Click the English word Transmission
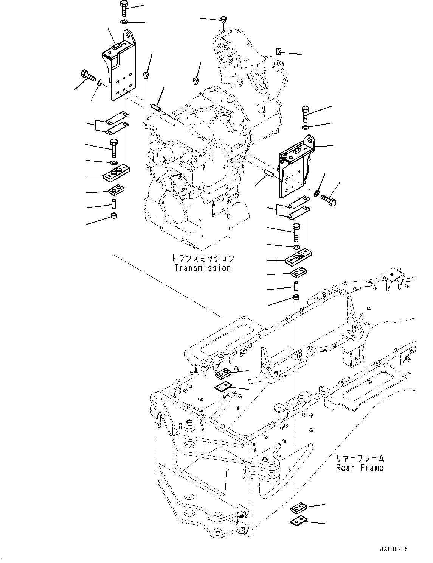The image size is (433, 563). coord(202,268)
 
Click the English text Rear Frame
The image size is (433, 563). coord(360,468)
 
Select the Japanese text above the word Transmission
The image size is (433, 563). coord(202,259)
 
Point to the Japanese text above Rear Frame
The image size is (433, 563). coord(360,458)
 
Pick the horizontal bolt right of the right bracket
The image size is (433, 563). coord(328,200)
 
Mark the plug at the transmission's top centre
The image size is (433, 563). coord(223,19)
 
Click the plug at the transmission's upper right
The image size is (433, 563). coord(279,51)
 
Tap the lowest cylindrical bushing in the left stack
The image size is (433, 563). coord(113,217)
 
